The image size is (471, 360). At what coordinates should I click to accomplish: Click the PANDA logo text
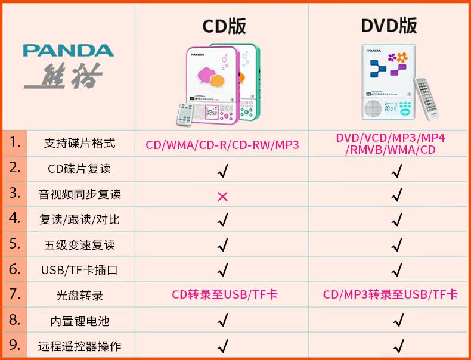coord(69,50)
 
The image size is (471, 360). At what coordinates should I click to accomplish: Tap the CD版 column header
coord(224,26)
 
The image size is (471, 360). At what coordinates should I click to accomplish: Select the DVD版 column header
coord(389,26)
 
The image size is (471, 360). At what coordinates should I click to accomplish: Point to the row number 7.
coord(15,294)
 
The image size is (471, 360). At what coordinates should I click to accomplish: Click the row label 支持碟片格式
coord(79,144)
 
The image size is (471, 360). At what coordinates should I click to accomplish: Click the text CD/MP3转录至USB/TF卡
coord(391,294)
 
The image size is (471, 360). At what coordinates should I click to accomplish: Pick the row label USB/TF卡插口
coord(79,269)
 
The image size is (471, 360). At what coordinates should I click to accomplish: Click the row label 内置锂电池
coord(79,321)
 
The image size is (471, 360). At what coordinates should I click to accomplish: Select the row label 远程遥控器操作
coord(79,346)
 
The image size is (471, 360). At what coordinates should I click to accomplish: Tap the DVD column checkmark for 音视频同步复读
coord(396,195)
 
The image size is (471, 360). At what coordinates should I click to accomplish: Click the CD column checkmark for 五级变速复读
coord(223,244)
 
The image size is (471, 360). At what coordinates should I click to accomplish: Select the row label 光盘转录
coord(79,295)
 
